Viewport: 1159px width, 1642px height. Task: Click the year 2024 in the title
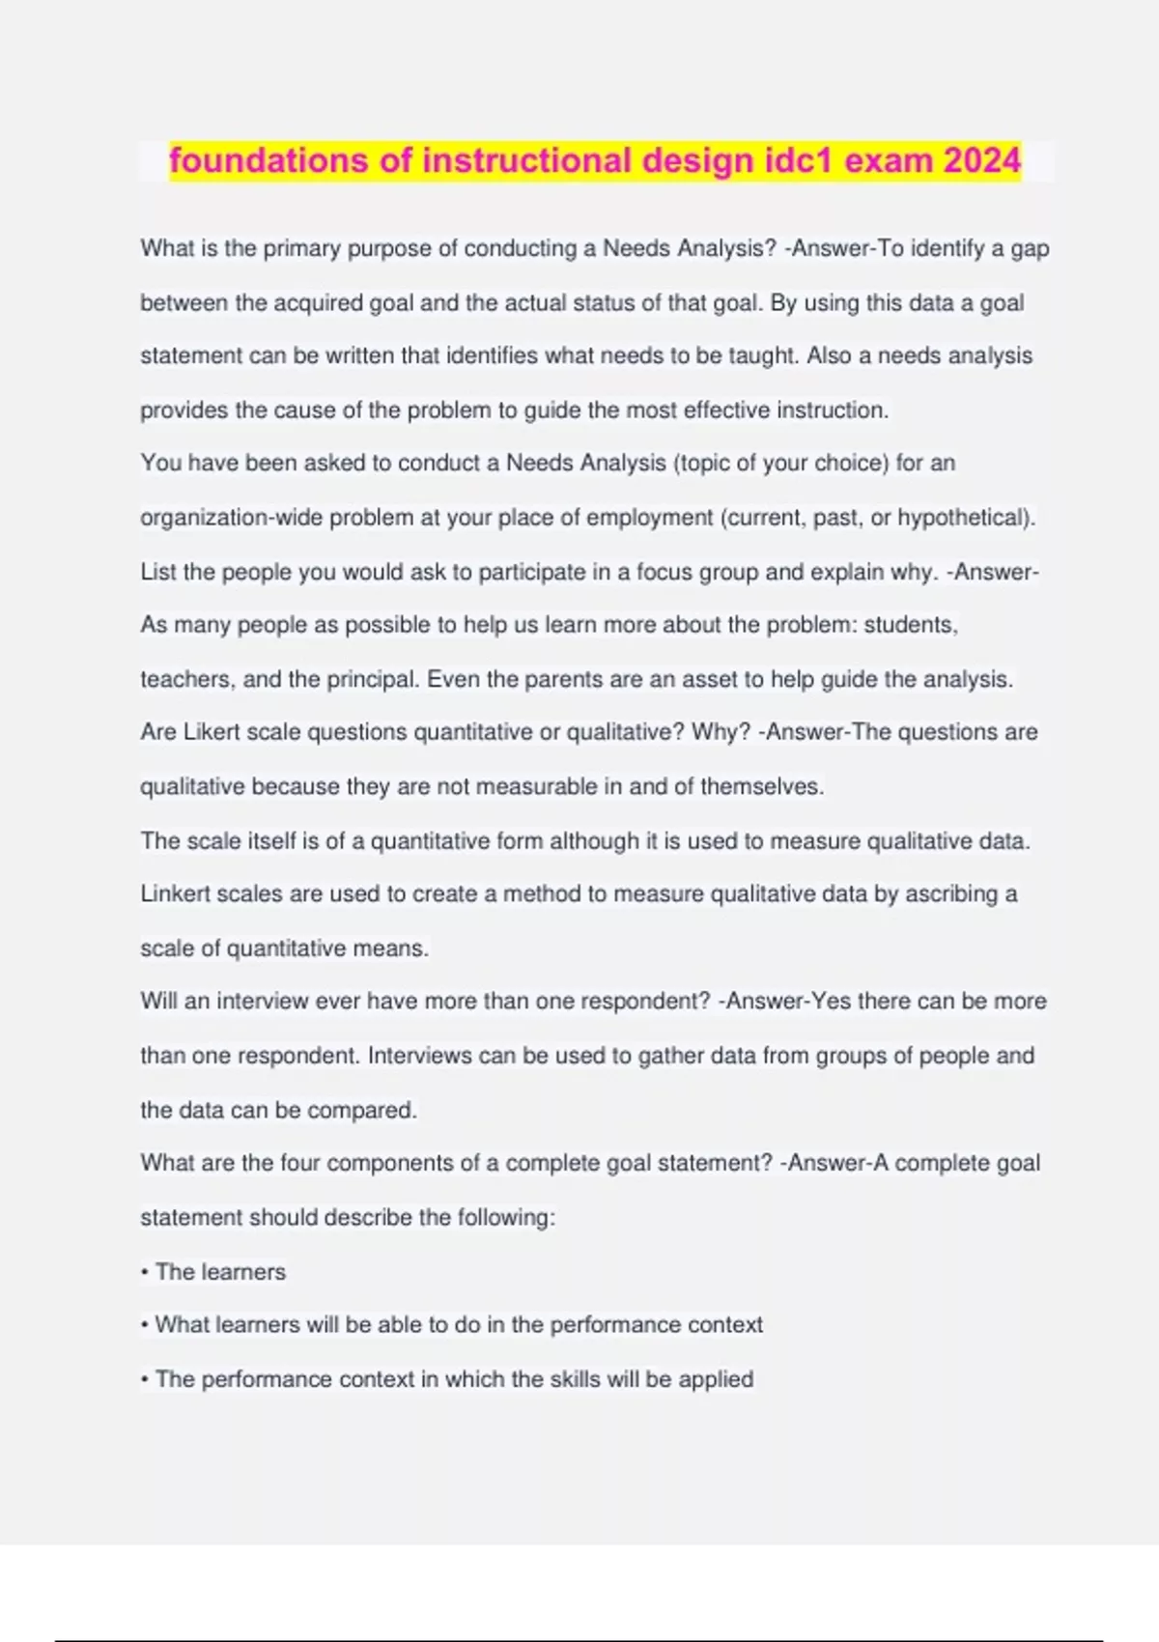(x=982, y=160)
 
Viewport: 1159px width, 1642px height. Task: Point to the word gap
(x=1030, y=250)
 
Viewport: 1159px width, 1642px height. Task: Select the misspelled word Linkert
(x=175, y=894)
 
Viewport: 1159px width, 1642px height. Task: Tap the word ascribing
(x=951, y=894)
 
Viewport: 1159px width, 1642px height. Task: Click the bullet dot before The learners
(x=145, y=1273)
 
